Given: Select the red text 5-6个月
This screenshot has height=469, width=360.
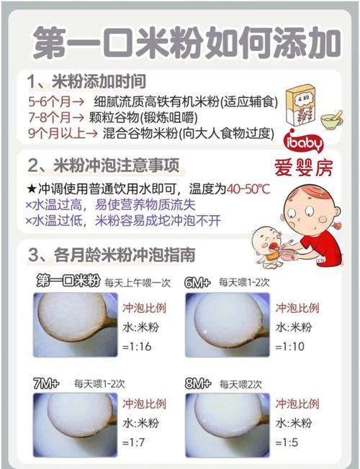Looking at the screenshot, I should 48,101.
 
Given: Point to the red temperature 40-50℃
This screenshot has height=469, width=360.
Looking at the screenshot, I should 248,189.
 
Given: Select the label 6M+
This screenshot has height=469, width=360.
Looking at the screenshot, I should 197,282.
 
